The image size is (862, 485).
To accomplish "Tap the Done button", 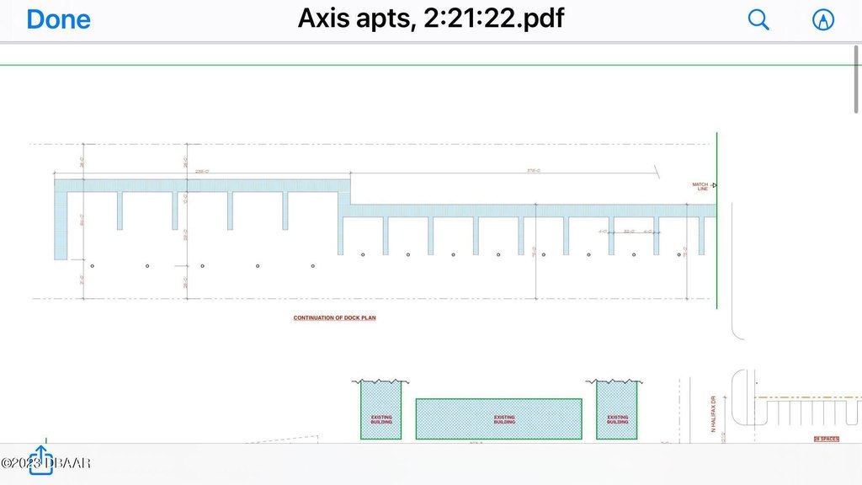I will tap(58, 19).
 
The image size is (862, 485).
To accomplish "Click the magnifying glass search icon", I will tap(758, 19).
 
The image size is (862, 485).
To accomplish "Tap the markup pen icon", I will tap(822, 20).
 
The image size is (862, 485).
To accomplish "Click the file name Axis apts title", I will tap(430, 18).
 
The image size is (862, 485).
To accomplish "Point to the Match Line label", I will tap(700, 186).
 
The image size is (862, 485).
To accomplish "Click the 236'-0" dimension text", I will tap(202, 172).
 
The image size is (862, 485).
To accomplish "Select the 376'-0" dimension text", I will tap(533, 172).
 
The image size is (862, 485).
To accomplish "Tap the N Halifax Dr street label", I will tap(712, 414).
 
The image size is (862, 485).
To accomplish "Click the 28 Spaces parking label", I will tap(826, 439).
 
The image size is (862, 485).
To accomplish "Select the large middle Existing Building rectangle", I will tap(499, 418).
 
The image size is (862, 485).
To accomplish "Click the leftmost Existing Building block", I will tap(381, 411).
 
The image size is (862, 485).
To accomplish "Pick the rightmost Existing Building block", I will tap(617, 411).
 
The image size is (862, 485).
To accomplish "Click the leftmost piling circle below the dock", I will tap(92, 266).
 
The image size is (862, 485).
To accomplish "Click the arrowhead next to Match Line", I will tap(713, 184).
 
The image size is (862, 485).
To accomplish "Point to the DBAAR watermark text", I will tap(49, 462).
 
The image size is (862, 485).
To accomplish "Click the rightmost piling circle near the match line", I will tap(679, 254).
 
